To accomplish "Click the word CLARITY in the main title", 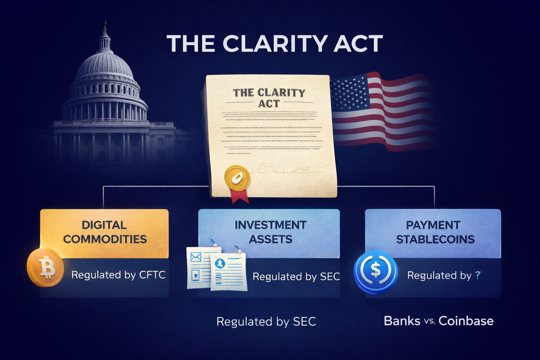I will click(275, 44).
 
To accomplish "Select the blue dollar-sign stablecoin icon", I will click(375, 271).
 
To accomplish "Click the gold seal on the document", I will click(237, 178).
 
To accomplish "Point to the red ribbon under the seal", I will click(239, 196).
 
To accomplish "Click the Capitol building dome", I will click(104, 65).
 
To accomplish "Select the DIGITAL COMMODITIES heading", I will click(104, 232).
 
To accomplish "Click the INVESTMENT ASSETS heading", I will click(270, 232).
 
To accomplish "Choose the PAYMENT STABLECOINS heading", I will click(435, 232).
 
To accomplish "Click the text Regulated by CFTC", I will click(118, 275).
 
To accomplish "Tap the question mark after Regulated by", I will click(477, 275).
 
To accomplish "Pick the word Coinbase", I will click(466, 321).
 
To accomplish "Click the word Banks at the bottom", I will click(402, 321).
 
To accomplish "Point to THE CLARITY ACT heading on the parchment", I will click(269, 98).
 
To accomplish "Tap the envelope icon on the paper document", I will click(195, 257).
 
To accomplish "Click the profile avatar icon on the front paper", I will click(220, 263).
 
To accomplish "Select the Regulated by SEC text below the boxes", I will click(266, 322).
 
